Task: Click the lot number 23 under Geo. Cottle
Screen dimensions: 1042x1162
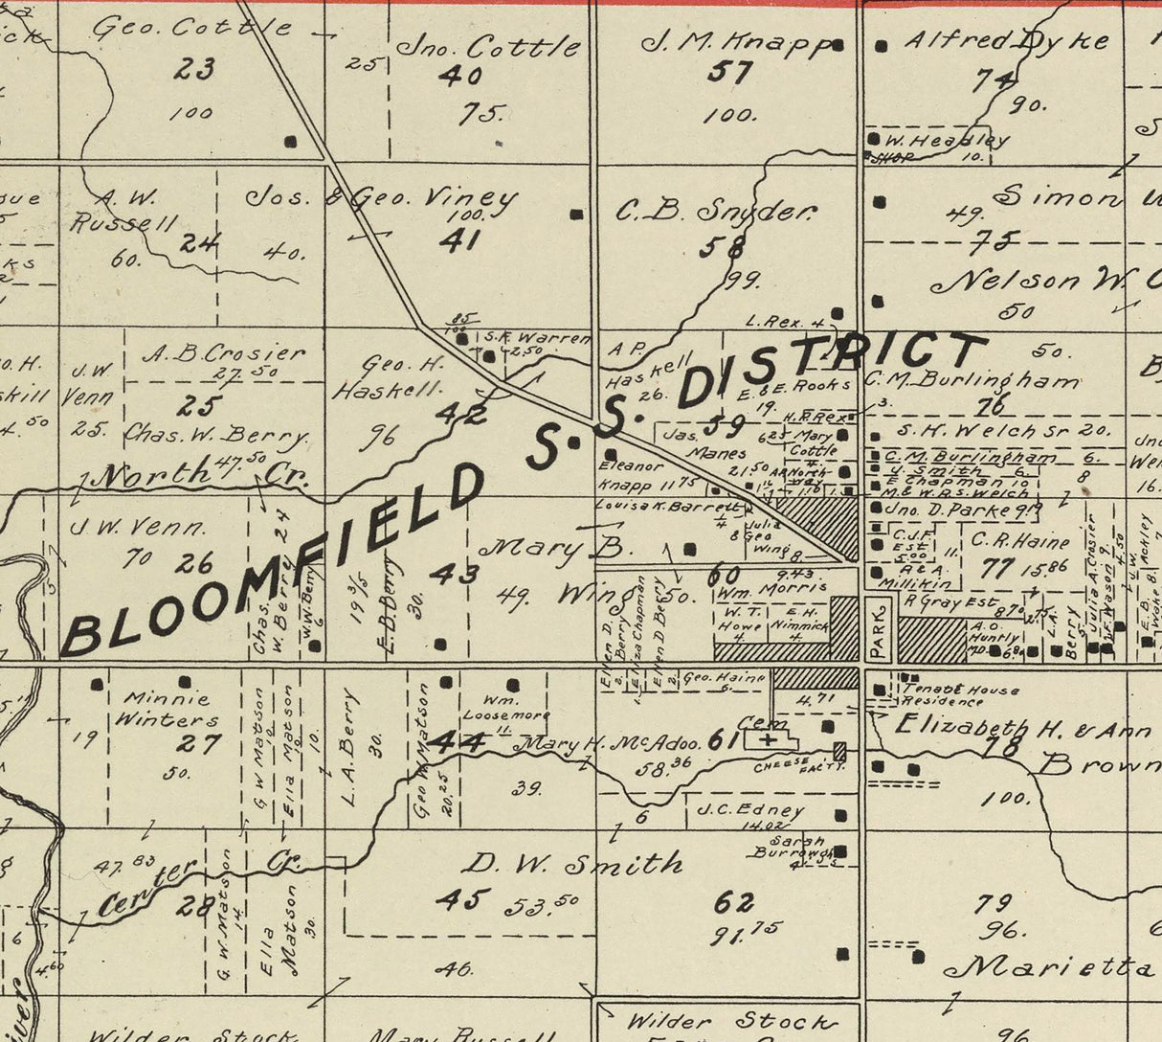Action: coord(194,68)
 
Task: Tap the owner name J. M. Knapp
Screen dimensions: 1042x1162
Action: coord(734,42)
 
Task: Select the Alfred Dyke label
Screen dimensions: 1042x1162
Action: coord(1006,41)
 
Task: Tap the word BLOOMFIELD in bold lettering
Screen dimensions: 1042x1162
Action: coord(273,565)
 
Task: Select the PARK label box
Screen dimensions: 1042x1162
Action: coord(880,629)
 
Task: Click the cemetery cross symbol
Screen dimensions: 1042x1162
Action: coord(768,739)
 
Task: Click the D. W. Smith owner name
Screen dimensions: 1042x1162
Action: coord(572,865)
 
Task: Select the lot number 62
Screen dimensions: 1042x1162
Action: coord(734,902)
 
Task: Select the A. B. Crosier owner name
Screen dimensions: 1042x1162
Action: coord(224,352)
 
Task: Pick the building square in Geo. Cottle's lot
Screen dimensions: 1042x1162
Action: coord(291,142)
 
